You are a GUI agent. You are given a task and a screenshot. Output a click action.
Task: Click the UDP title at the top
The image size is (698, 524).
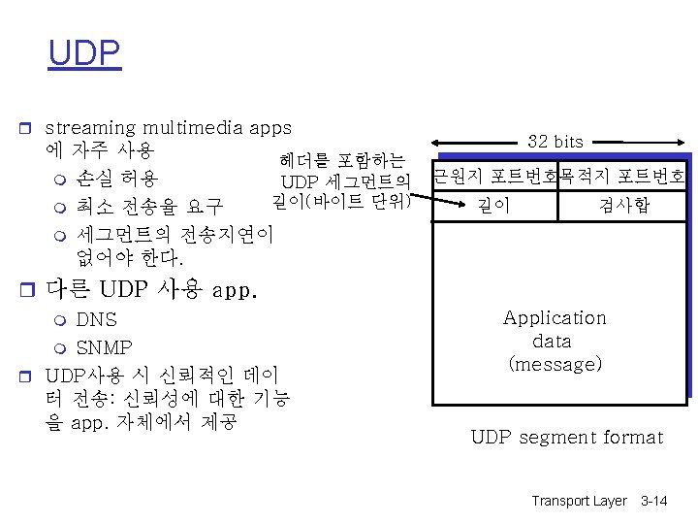[x=85, y=53]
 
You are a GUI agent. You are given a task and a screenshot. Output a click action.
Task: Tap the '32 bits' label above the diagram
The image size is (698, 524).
[x=555, y=142]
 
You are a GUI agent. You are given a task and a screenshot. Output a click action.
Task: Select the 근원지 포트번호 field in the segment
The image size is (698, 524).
[x=494, y=177]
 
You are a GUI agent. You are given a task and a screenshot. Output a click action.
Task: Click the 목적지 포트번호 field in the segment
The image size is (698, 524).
[x=621, y=177]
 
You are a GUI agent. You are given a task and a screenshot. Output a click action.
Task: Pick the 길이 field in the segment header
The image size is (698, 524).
[x=493, y=205]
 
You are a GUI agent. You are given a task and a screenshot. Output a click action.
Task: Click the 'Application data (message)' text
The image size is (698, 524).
[x=555, y=341]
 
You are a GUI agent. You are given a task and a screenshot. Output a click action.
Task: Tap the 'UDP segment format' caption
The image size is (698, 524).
[x=566, y=437]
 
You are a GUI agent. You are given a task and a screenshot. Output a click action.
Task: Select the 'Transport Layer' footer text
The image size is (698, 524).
[x=579, y=501]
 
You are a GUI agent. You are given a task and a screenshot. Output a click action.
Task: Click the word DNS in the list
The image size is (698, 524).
[x=96, y=319]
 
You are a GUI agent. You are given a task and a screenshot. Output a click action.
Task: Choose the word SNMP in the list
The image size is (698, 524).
[x=104, y=347]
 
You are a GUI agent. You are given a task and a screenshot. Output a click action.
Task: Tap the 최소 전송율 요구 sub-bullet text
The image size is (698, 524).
[x=149, y=207]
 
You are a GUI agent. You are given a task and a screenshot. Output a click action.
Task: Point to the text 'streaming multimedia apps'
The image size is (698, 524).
[x=169, y=127]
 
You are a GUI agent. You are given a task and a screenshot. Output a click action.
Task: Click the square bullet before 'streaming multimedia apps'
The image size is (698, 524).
[x=30, y=128]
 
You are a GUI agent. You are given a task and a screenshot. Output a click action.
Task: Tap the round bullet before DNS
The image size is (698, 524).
[x=60, y=320]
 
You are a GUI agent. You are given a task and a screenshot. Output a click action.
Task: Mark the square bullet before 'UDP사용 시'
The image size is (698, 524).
[x=30, y=375]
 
